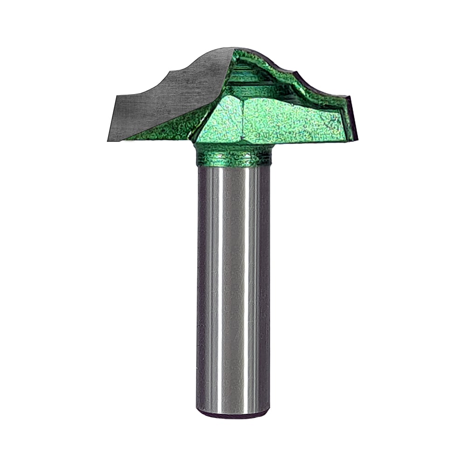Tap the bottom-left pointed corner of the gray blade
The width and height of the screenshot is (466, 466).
(x=109, y=140)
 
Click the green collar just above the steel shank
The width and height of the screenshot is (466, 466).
(x=233, y=156)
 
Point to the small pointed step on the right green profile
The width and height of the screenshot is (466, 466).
(x=294, y=72)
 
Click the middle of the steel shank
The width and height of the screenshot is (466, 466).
(x=233, y=284)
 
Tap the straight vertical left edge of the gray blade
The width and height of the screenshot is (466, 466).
(x=112, y=116)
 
